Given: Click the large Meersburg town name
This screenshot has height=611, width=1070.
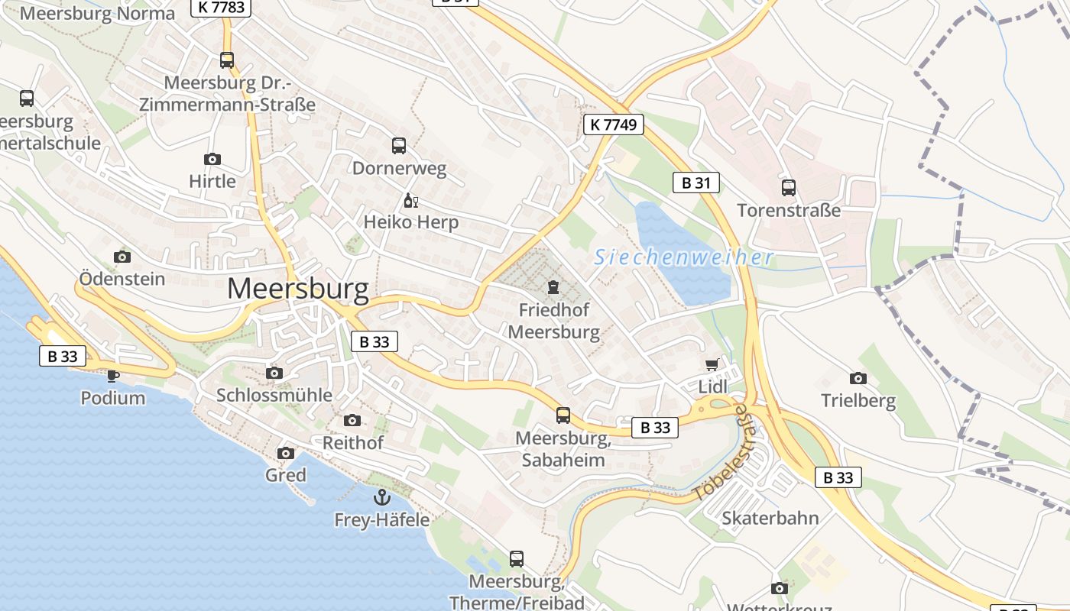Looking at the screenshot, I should pyautogui.click(x=298, y=289).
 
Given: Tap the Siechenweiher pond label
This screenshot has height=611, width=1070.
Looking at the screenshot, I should pyautogui.click(x=684, y=257).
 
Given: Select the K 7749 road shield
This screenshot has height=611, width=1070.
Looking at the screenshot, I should pyautogui.click(x=614, y=124).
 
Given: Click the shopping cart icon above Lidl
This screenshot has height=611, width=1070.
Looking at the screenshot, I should pyautogui.click(x=712, y=365).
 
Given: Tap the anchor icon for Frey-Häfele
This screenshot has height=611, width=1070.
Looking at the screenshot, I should pyautogui.click(x=381, y=498).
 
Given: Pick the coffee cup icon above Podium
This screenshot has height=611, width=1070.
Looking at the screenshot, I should pyautogui.click(x=113, y=375).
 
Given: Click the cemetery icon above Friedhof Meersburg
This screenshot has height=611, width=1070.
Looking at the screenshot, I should pyautogui.click(x=553, y=288).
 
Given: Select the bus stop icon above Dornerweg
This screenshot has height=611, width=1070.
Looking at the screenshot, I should pyautogui.click(x=399, y=146).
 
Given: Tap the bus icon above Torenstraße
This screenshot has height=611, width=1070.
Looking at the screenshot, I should pyautogui.click(x=789, y=187).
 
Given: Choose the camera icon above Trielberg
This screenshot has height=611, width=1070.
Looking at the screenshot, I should pyautogui.click(x=858, y=378).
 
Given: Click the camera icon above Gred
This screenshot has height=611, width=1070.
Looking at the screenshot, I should pyautogui.click(x=286, y=453).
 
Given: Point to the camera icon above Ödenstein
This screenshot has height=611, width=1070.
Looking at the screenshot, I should pyautogui.click(x=122, y=257).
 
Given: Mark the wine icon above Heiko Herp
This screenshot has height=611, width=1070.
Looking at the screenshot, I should pyautogui.click(x=410, y=201).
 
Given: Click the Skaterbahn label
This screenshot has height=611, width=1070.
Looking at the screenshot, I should pyautogui.click(x=770, y=518).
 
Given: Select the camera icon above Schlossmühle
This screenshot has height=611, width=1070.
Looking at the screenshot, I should pyautogui.click(x=274, y=373).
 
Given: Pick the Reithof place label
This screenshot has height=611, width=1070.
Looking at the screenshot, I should pyautogui.click(x=353, y=442).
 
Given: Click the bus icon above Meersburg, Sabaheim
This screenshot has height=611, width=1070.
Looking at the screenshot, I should pyautogui.click(x=563, y=415).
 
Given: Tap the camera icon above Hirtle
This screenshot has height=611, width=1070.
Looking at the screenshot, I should pyautogui.click(x=212, y=159).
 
